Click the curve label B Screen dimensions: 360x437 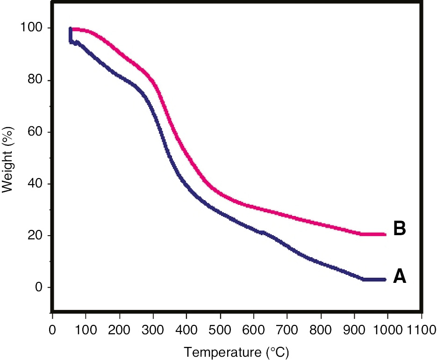coord(399,229)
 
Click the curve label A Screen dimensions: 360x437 coord(399,277)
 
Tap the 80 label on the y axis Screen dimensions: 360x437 coord(36,80)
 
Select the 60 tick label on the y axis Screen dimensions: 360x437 coord(36,132)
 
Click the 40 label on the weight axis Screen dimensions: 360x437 coord(36,184)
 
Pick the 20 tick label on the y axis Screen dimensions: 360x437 coord(36,236)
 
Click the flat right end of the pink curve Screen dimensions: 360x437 coord(374,234)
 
